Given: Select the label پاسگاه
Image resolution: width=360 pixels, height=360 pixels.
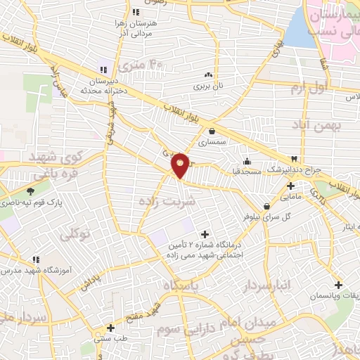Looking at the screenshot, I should click(182, 285).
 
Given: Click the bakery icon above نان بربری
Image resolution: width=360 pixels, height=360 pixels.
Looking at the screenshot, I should click(207, 75).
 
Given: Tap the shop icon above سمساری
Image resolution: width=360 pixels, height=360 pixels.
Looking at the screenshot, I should click(212, 130).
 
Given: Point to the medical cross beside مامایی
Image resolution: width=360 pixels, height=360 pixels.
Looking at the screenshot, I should click(290, 186).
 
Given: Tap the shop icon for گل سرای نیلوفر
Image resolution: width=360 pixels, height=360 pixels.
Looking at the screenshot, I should click(266, 206).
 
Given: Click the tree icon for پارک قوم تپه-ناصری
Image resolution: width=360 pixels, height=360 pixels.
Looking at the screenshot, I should click(30, 191).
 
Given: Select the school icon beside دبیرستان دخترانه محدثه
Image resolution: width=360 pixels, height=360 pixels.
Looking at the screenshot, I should click(103, 69).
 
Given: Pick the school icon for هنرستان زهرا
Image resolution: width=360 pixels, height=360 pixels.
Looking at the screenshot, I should click(136, 12).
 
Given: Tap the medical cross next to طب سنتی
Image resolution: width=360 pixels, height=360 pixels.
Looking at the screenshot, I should click(110, 328).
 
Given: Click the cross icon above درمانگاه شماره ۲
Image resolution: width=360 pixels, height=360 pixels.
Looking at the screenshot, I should click(205, 233).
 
